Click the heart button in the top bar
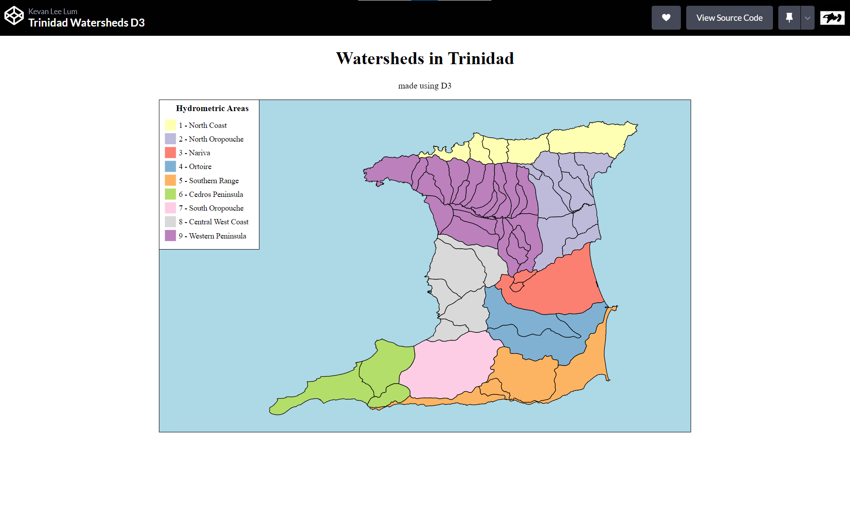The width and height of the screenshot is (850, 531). point(666,18)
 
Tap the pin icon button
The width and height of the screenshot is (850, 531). point(789,18)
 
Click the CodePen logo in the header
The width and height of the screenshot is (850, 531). point(14,16)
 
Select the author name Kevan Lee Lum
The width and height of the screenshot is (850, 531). point(53,11)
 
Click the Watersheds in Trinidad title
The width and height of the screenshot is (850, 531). point(425,58)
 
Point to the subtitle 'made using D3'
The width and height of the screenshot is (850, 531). point(425,86)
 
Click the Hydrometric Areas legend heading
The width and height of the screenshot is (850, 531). point(212,108)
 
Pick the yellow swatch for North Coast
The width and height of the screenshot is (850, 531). point(170,125)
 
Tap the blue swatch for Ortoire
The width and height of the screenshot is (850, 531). point(170,166)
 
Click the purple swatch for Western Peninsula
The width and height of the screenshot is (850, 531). point(170,236)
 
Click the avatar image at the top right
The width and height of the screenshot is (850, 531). point(832,18)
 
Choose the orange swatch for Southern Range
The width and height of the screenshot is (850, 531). point(170,181)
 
